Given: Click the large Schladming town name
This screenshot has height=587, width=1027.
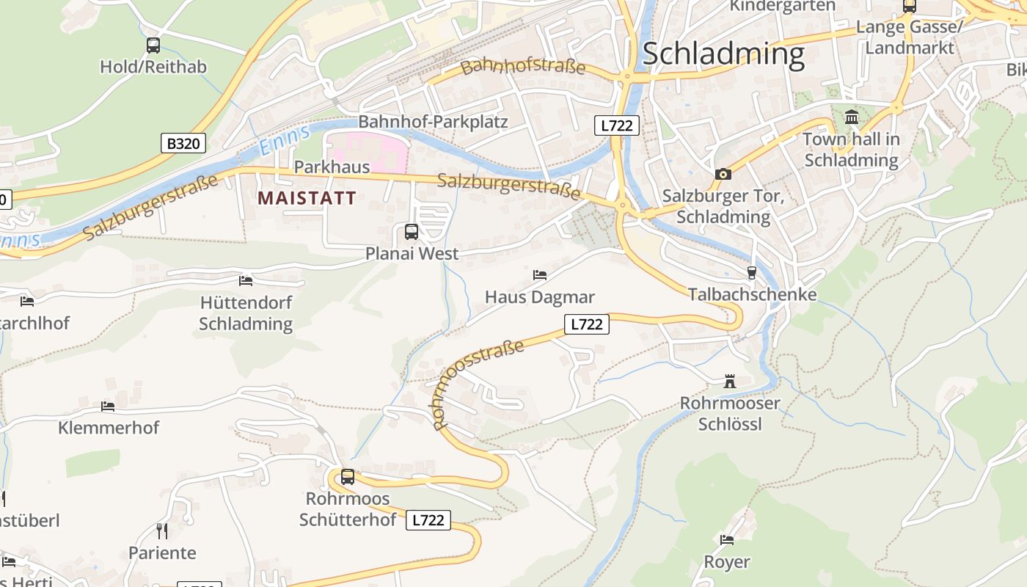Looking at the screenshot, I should (x=723, y=54).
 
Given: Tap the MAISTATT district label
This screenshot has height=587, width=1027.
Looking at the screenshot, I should (x=307, y=197).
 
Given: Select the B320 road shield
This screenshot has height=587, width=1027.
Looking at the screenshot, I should (x=183, y=142).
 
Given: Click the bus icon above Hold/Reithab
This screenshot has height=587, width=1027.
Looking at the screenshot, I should (x=153, y=45).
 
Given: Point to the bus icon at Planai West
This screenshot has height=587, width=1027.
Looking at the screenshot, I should (x=412, y=232).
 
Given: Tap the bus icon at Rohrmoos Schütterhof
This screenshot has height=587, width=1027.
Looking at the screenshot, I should (x=348, y=476).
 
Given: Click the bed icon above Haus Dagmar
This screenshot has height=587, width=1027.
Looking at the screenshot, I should (x=540, y=275).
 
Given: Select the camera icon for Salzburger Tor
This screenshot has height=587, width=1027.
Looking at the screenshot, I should (x=723, y=174).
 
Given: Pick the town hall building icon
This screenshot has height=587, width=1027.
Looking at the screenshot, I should (x=852, y=117).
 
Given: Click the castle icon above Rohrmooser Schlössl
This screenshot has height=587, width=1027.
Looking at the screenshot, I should (x=729, y=382).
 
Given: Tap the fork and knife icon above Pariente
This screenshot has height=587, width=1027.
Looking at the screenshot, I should (x=162, y=531).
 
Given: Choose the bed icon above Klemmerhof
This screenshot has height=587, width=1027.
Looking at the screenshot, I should (x=108, y=406).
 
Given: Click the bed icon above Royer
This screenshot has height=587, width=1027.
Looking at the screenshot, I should (x=727, y=540).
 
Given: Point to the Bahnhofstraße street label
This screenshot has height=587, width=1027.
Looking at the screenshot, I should (x=524, y=67).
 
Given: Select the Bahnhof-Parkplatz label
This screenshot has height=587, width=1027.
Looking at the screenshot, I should (x=433, y=122).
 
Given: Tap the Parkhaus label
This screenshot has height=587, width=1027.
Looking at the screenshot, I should (x=332, y=167).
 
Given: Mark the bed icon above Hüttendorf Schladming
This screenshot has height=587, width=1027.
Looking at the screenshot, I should (x=246, y=280).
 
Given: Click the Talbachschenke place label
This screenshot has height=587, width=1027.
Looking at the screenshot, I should (x=752, y=294).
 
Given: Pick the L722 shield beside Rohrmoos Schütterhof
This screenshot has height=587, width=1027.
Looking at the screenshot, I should (x=428, y=520).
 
